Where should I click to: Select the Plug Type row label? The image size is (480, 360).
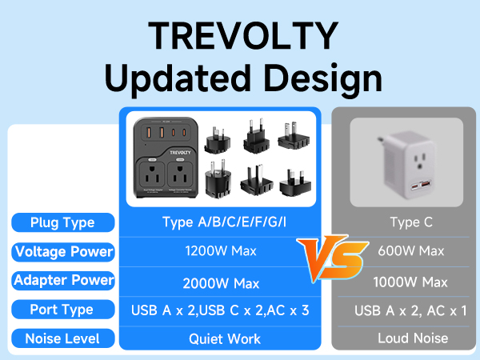62,222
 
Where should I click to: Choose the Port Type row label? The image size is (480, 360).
62,310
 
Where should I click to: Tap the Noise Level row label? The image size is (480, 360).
62,338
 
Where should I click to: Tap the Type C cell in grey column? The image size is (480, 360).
410,222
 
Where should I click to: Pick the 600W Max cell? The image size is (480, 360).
410,251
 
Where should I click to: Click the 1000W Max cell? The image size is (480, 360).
410,282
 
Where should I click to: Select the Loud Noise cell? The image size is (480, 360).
410,338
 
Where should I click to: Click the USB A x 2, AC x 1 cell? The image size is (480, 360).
410,310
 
